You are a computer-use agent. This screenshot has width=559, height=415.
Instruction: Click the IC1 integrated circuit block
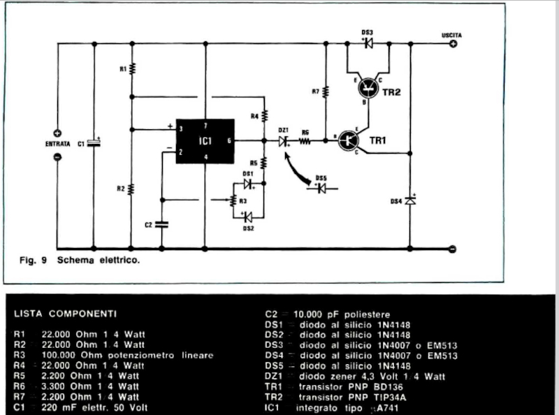click(x=205, y=141)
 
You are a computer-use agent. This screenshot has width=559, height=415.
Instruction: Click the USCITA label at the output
click(x=451, y=34)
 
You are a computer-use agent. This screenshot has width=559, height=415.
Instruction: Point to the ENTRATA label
click(x=58, y=144)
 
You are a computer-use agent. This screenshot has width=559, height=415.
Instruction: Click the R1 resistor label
click(x=123, y=69)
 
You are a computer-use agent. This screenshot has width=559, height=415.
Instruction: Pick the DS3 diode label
click(x=367, y=32)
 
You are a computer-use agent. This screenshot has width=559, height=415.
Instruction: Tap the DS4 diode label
click(x=396, y=201)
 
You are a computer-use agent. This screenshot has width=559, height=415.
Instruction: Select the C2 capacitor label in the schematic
click(x=148, y=224)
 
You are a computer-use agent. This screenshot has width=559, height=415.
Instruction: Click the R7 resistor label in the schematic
click(x=315, y=92)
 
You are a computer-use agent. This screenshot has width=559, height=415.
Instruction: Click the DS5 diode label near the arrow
click(x=321, y=177)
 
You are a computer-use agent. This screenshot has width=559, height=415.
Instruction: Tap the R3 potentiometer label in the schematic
click(x=242, y=201)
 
